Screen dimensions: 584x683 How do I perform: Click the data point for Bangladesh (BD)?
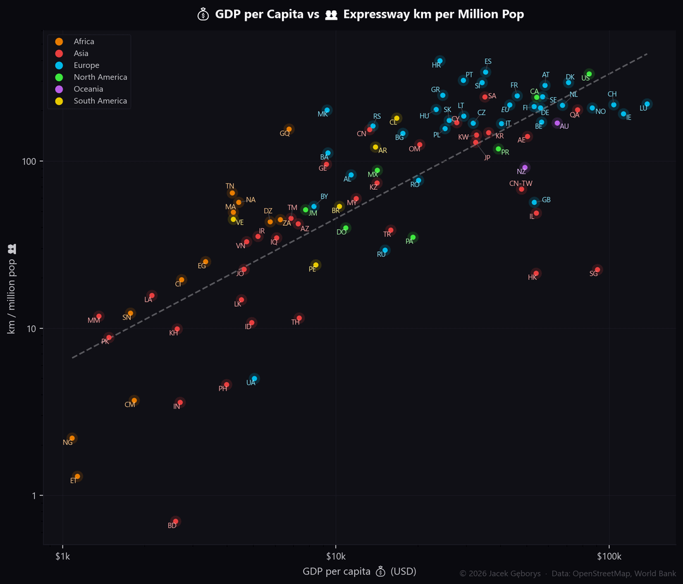point(176,521)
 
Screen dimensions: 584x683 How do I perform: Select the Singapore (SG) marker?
point(598,270)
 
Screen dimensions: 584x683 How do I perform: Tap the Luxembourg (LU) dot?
point(647,104)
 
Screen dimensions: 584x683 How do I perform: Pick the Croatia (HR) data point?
point(440,61)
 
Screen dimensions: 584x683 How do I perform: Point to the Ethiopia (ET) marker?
point(77,476)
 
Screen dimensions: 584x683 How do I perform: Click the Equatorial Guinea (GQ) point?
point(289,129)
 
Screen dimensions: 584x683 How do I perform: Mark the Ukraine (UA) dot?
point(254,379)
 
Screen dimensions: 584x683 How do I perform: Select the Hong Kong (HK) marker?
point(536,273)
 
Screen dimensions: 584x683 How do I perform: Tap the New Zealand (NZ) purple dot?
point(525,168)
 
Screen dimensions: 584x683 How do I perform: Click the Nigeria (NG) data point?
point(72,438)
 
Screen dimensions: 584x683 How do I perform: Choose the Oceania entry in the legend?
point(87,89)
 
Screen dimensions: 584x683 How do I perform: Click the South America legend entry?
point(99,101)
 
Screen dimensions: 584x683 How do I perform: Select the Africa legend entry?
point(83,42)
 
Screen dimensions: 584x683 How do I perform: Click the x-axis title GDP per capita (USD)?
point(359,571)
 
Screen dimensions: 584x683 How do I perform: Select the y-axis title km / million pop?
point(11,291)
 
